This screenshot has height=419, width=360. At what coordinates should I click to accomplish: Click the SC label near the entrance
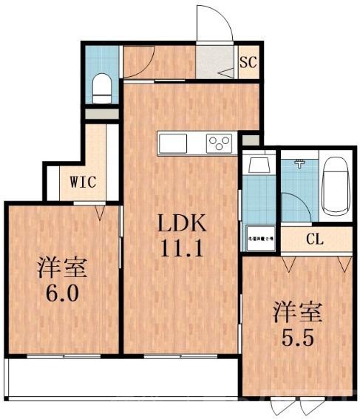click(248, 63)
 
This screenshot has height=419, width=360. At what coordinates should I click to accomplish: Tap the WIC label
click(82, 181)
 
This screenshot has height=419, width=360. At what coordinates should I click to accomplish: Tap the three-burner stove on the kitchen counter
click(220, 143)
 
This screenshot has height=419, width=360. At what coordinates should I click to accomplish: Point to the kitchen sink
click(174, 143)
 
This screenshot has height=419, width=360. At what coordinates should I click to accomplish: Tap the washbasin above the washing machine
click(259, 164)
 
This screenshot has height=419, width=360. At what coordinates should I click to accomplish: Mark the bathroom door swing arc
click(294, 203)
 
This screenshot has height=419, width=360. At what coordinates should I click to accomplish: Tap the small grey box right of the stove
click(251, 139)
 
